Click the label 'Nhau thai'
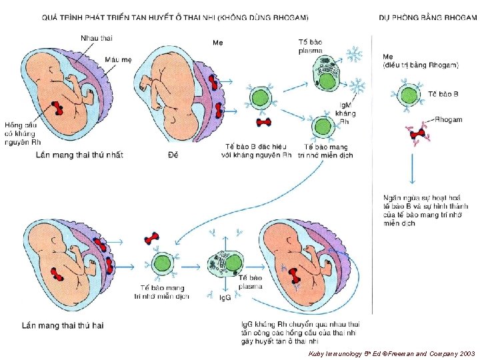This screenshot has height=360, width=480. pyautogui.click(x=97, y=38)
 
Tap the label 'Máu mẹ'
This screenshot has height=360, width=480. pyautogui.click(x=118, y=60)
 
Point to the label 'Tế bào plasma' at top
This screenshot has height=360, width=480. pyautogui.click(x=311, y=46)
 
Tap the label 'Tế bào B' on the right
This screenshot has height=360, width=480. pyautogui.click(x=442, y=93)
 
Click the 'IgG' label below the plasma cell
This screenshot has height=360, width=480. pyautogui.click(x=225, y=297)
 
